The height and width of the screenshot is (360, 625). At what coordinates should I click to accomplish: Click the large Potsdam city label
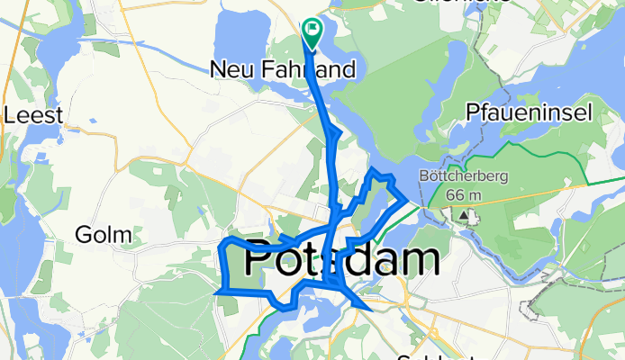(x=342, y=259)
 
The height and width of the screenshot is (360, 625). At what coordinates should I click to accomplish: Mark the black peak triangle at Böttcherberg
(x=465, y=216)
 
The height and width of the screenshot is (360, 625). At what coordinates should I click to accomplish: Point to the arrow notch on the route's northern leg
(x=336, y=135)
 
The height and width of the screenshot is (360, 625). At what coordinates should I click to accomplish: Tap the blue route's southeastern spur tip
(x=368, y=309)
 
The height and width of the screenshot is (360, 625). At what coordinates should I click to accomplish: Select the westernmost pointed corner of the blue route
(x=215, y=292)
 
